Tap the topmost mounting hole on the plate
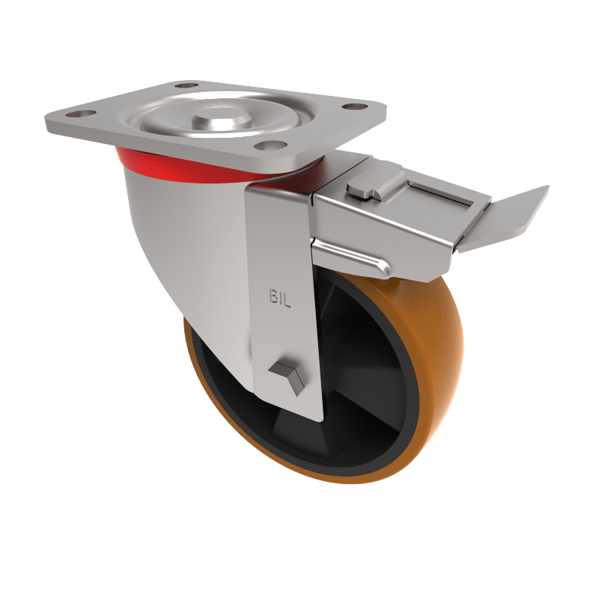[x=183, y=84]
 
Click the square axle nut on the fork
[x=287, y=374]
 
